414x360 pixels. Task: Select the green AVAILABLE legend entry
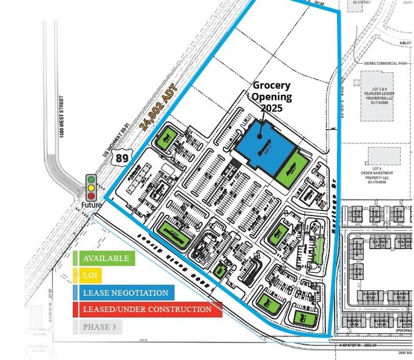click(x=104, y=258)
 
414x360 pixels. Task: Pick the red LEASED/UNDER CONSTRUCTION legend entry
click(x=147, y=309)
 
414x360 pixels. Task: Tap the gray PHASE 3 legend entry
click(x=98, y=326)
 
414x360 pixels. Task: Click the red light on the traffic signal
click(x=92, y=195)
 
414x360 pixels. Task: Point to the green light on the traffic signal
click(x=92, y=179)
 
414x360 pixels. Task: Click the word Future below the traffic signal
click(x=92, y=206)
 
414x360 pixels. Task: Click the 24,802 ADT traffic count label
click(x=158, y=107)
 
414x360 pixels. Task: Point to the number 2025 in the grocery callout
click(x=272, y=108)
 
